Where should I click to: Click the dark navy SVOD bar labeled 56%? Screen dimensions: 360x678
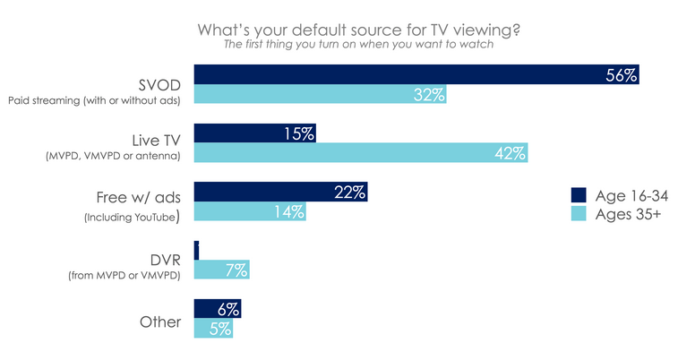click(416, 75)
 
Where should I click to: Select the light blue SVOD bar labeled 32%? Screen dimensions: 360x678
click(320, 94)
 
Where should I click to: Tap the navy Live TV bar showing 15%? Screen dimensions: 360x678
click(254, 133)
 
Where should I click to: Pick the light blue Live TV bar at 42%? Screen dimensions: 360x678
click(360, 152)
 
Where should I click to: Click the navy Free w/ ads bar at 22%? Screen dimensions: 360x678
click(280, 192)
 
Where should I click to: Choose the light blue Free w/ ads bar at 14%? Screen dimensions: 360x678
click(250, 211)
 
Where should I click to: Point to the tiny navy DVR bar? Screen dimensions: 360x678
click(196, 250)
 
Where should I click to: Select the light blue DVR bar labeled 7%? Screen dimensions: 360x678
click(221, 270)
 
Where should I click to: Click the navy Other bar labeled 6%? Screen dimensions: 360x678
click(217, 308)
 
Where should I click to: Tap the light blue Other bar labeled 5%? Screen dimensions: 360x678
click(214, 328)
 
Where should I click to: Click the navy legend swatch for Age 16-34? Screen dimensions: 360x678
click(579, 195)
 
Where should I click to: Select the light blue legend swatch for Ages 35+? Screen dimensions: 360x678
click(579, 215)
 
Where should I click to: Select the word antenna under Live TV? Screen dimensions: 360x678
click(160, 158)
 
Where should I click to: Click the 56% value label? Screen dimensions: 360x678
click(619, 76)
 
